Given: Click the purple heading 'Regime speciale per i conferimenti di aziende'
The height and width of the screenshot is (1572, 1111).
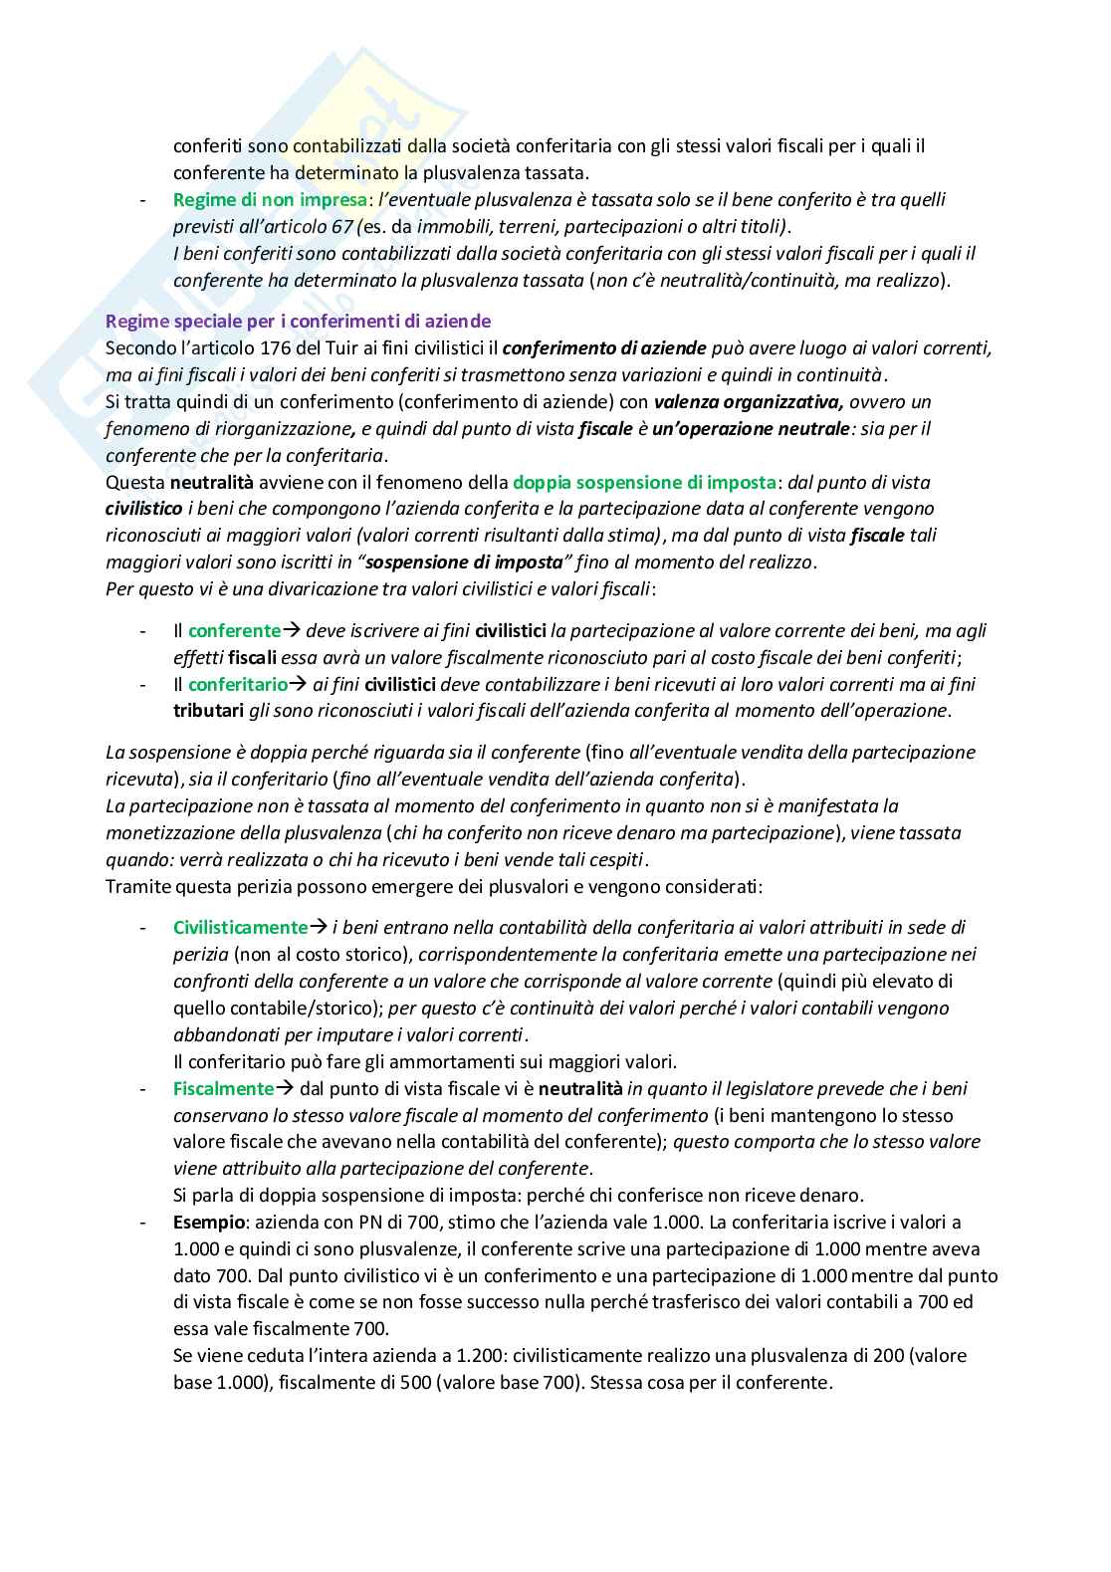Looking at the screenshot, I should tap(298, 322).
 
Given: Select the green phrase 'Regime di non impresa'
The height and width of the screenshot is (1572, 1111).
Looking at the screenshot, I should tap(270, 199).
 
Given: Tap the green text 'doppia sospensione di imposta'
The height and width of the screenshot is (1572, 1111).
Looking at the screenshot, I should tap(644, 482).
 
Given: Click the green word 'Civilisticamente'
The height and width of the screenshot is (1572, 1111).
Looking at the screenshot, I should tap(240, 927).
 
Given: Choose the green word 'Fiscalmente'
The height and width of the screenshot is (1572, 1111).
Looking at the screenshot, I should tap(223, 1088).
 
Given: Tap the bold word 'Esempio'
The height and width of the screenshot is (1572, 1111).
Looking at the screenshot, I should tap(207, 1222).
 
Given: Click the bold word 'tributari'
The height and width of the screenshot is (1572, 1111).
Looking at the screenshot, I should tap(208, 710).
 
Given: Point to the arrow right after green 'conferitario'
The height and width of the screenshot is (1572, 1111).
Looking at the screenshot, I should tap(298, 684).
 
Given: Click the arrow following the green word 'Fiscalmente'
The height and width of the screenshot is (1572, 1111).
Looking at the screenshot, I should tap(283, 1088).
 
